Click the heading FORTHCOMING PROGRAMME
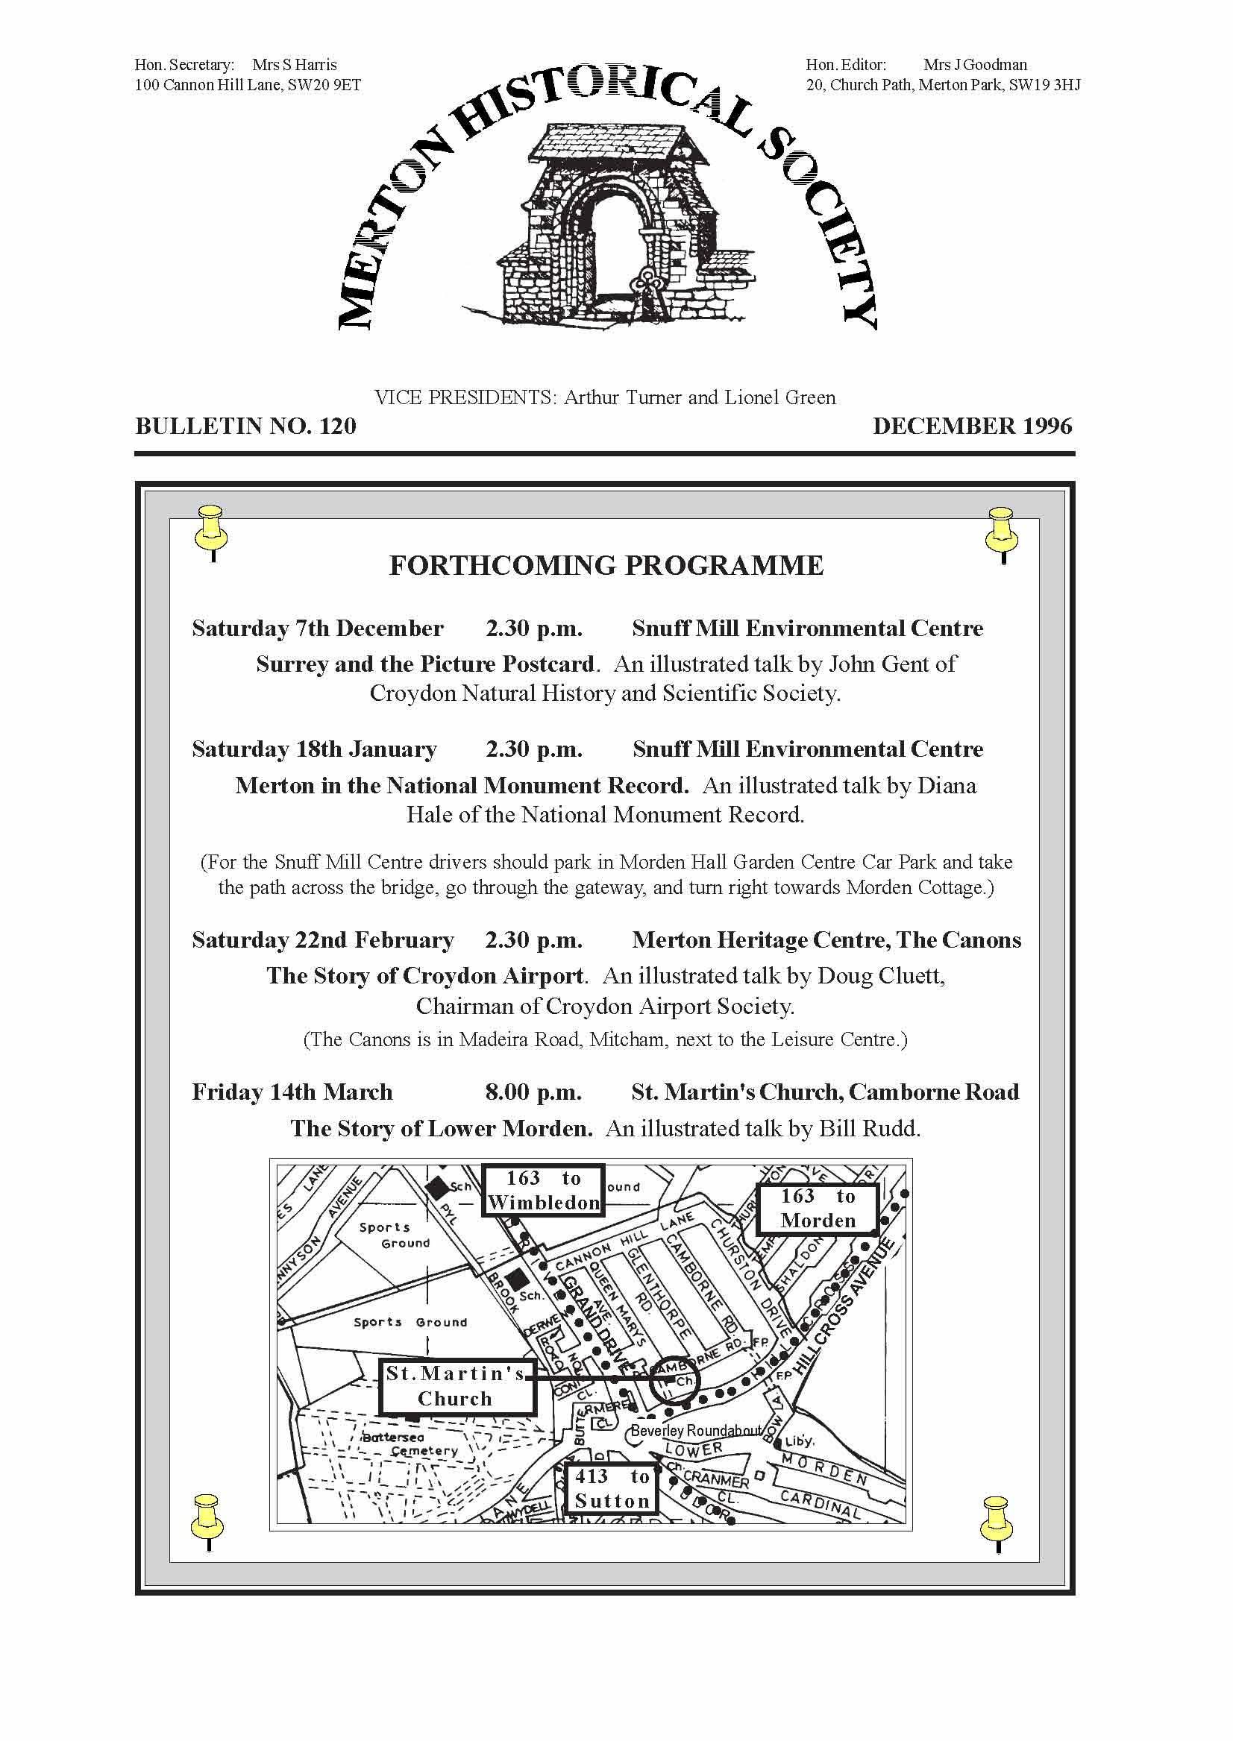tap(606, 566)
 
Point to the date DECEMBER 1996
tap(973, 426)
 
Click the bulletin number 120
tap(338, 426)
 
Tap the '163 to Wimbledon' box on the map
tap(544, 1190)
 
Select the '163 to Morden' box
tap(818, 1208)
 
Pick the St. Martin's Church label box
tap(456, 1386)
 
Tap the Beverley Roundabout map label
tap(696, 1431)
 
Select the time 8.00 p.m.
tap(533, 1092)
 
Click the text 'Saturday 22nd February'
tap(323, 940)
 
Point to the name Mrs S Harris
tap(295, 66)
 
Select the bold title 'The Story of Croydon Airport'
tap(425, 976)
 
